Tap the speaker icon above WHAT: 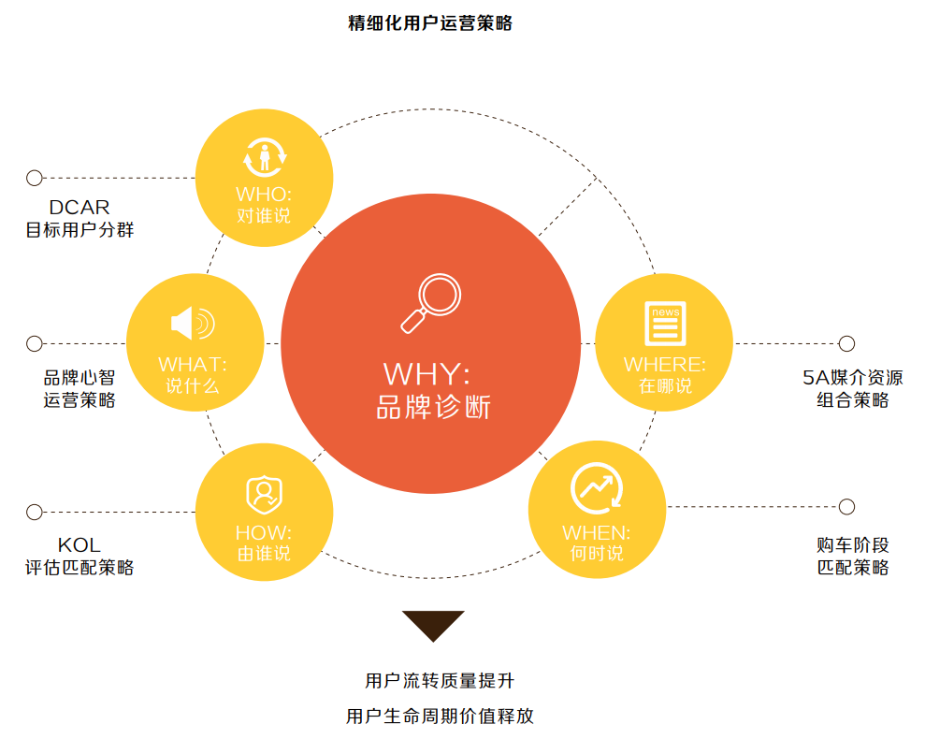tap(193, 324)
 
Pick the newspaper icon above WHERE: tap(665, 324)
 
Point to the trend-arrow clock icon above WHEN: tap(597, 487)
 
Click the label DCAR tap(79, 208)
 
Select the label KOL tap(79, 544)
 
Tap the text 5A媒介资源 tap(846, 378)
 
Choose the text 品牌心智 tap(79, 378)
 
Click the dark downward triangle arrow tap(433, 624)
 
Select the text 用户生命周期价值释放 tap(440, 717)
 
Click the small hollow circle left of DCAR tap(35, 178)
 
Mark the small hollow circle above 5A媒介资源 tap(846, 343)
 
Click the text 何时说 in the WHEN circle tap(597, 553)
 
